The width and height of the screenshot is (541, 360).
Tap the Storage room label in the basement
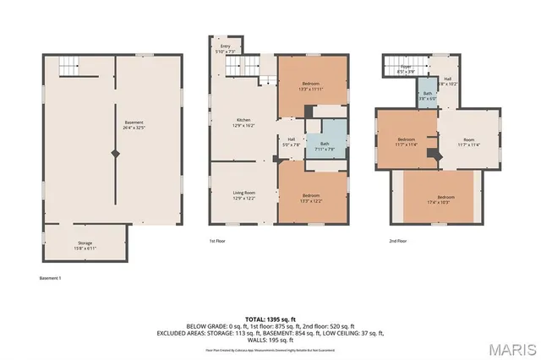pyautogui.click(x=85, y=245)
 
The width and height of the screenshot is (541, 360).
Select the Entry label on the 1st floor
pyautogui.click(x=225, y=49)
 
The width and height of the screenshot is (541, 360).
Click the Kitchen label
pyautogui.click(x=244, y=123)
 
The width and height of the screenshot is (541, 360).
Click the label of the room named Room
pyautogui.click(x=468, y=142)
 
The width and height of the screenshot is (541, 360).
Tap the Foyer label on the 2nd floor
pyautogui.click(x=406, y=69)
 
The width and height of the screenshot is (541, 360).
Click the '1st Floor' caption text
pyautogui.click(x=218, y=242)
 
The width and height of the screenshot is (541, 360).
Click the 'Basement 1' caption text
pyautogui.click(x=52, y=278)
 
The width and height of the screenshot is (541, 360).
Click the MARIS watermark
pyautogui.click(x=511, y=346)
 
